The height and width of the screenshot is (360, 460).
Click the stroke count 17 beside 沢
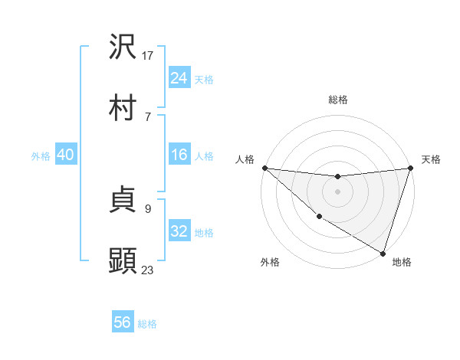148,55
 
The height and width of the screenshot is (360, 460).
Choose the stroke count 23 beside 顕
148,270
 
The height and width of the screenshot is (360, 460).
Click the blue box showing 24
179,78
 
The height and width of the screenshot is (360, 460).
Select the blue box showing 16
179,155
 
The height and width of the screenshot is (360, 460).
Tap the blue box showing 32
179,231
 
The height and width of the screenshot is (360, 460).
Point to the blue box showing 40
65,155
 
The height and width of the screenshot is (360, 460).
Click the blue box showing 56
122,322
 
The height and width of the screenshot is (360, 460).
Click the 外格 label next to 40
41,155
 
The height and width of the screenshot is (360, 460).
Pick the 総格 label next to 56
147,324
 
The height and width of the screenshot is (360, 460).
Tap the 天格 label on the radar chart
431,159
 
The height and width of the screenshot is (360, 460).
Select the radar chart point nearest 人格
264,168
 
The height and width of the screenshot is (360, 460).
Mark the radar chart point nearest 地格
383,253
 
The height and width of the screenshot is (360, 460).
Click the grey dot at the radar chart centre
337,191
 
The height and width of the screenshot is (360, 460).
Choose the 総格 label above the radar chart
337,100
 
